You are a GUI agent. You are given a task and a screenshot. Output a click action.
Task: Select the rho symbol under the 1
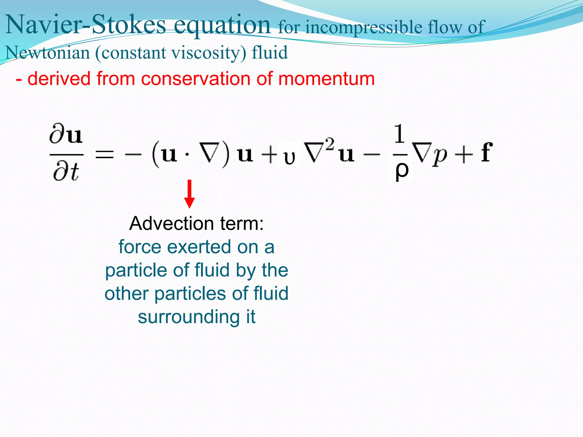pos(402,170)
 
